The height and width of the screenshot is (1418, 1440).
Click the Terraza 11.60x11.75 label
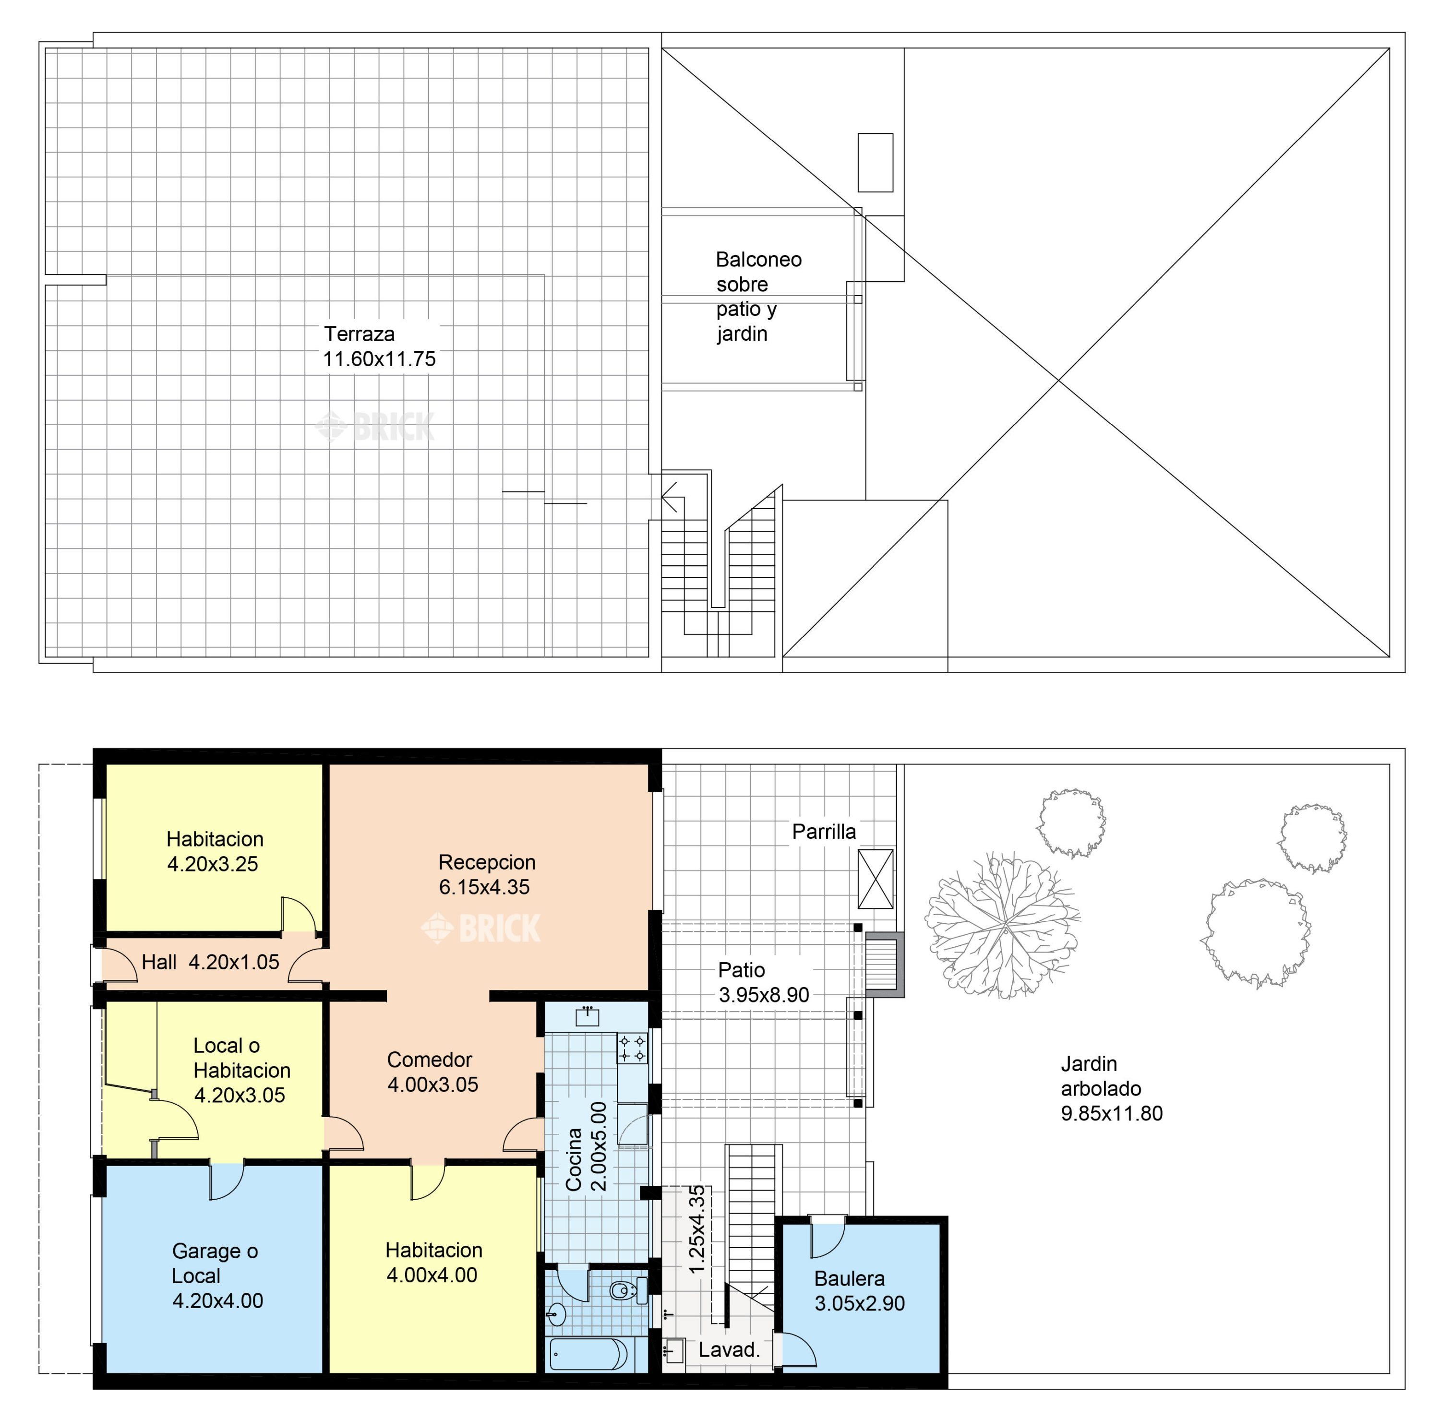(x=379, y=346)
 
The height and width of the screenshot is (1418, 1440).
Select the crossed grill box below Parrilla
(x=876, y=879)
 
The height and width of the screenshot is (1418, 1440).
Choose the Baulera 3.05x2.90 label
(x=859, y=1291)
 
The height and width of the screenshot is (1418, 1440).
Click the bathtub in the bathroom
(x=588, y=1355)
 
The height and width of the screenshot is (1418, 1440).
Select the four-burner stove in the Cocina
(x=632, y=1048)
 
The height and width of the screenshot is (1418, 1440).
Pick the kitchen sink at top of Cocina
(x=588, y=1016)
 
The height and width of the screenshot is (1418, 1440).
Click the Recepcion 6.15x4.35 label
(x=486, y=874)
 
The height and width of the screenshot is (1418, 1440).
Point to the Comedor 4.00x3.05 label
(x=432, y=1072)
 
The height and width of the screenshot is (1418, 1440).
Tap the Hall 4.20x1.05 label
(x=210, y=962)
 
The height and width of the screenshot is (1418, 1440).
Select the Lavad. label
(x=729, y=1349)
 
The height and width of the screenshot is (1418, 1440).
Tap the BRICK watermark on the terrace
(x=375, y=427)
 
